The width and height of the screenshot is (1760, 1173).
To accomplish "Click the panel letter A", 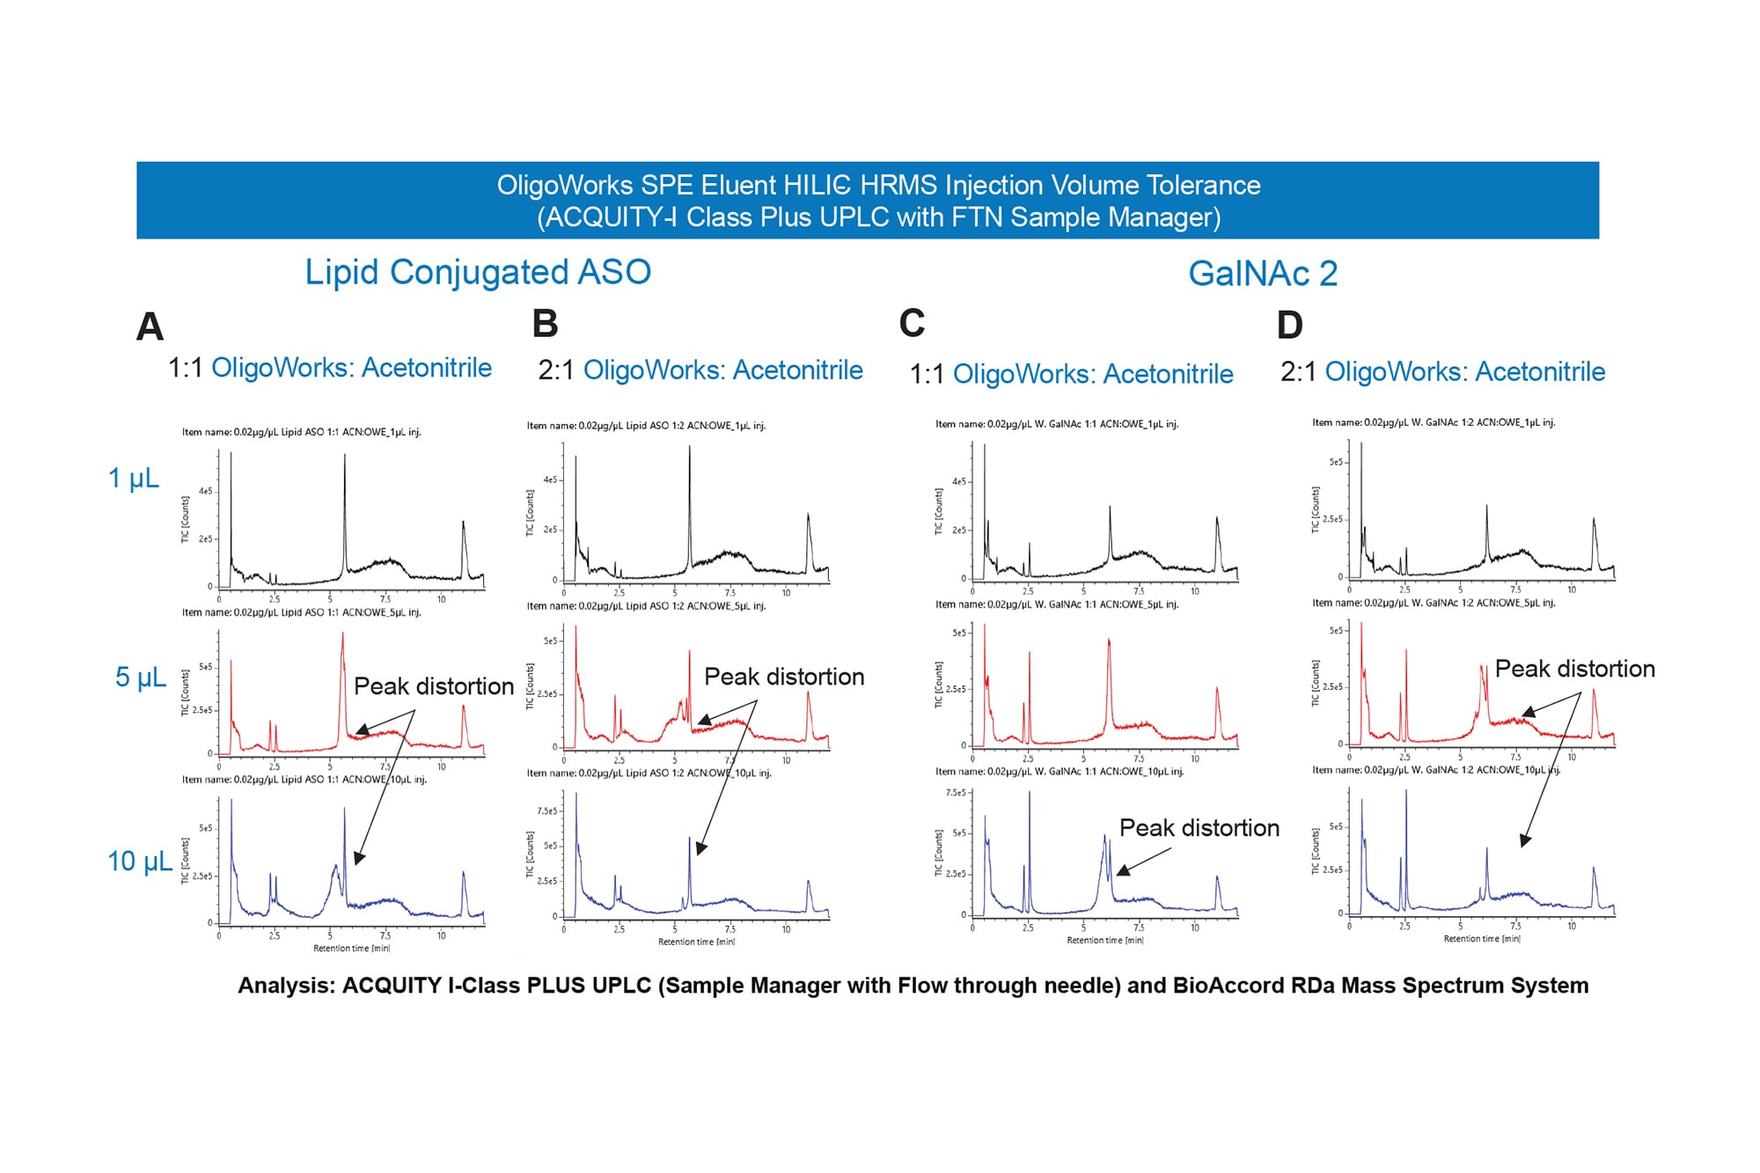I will click(150, 327).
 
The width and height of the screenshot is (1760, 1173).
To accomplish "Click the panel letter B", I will click(545, 324).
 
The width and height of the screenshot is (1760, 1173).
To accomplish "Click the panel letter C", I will click(912, 323).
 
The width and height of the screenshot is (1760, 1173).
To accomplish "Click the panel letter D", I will click(1289, 326).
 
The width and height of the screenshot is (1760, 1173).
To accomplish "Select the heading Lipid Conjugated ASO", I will click(478, 272).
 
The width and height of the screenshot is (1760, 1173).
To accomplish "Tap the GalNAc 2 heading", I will click(1262, 274).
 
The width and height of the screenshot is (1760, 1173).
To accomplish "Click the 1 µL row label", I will click(134, 478).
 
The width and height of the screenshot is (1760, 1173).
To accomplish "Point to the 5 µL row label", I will click(141, 677).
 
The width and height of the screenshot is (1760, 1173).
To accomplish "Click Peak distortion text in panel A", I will click(433, 686).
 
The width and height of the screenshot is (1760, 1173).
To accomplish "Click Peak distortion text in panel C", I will click(1199, 828).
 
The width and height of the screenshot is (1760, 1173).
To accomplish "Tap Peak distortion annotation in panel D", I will click(1574, 669).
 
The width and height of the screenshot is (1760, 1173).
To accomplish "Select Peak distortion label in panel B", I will click(783, 677).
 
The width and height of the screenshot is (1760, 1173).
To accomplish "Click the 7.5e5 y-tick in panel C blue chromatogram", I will click(955, 793).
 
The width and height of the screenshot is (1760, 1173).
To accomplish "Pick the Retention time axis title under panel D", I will click(1482, 939).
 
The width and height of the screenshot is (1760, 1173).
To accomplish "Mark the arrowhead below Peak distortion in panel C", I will click(1121, 871).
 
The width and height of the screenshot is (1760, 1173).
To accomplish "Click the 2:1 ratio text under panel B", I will click(556, 370).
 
